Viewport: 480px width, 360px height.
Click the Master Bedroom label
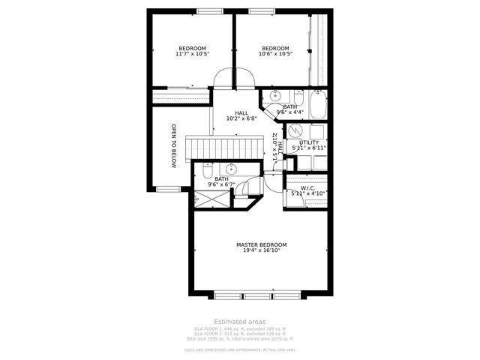261,244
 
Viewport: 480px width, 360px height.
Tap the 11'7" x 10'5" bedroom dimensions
192,54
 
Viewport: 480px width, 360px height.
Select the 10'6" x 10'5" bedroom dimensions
275,54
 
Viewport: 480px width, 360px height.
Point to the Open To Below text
173,145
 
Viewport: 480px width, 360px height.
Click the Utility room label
309,142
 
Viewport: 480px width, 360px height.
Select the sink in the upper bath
275,96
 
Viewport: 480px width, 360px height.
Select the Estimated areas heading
239,321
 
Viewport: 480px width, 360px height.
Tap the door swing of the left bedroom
223,78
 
